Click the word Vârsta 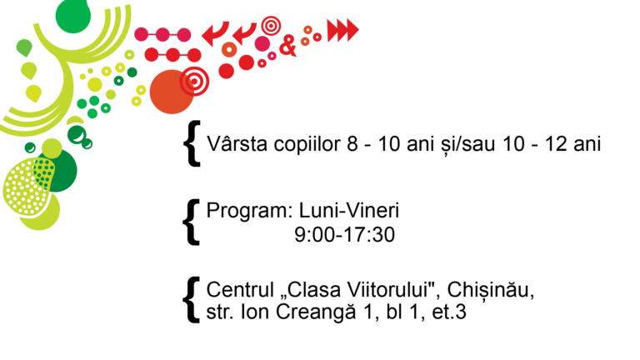tap(237, 143)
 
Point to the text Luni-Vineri tap(349, 211)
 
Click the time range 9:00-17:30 tap(344, 235)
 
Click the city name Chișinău tap(491, 291)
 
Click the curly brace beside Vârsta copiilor tap(192, 143)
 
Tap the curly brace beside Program tap(191, 222)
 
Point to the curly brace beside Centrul tap(191, 300)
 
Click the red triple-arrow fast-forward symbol tap(342, 30)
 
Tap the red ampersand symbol tap(287, 45)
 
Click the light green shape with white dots tap(27, 187)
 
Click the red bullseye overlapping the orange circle tap(195, 81)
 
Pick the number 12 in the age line tap(556, 144)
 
